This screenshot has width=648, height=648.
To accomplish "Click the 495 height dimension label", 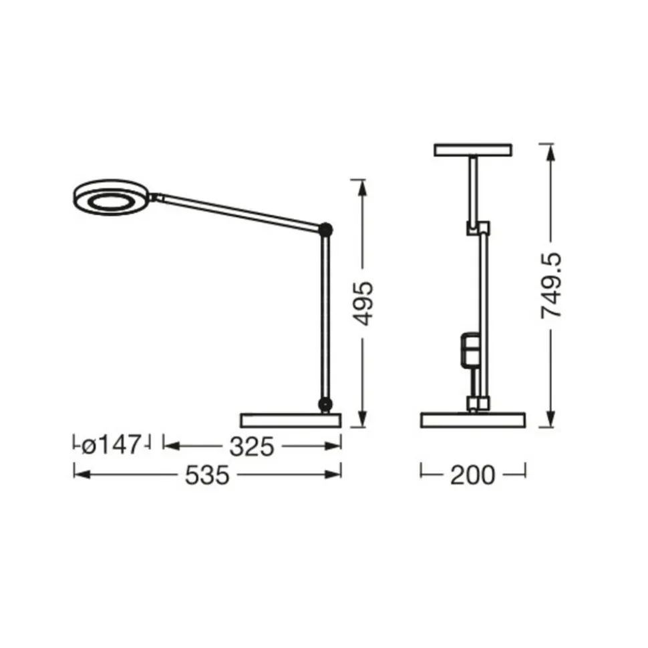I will (x=363, y=303).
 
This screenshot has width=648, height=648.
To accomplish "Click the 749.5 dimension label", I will (x=552, y=286).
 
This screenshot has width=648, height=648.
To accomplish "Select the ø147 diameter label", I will (x=112, y=445).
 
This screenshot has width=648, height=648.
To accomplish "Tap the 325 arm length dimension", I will (x=252, y=446).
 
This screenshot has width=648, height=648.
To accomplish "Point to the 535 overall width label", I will (x=207, y=475).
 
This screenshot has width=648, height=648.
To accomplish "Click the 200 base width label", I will (x=472, y=475).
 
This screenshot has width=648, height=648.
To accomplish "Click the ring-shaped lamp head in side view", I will (x=110, y=197).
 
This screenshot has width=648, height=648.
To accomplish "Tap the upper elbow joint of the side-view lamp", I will (x=326, y=230).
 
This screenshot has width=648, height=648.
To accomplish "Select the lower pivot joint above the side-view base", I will (x=325, y=403).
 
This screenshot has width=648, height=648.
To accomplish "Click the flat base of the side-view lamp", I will (x=290, y=420).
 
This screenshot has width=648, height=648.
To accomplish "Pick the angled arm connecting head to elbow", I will (x=237, y=212).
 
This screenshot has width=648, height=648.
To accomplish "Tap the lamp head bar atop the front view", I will (x=472, y=150).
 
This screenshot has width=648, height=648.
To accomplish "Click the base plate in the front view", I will (x=472, y=420).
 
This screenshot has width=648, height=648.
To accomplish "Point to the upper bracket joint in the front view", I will (x=478, y=228).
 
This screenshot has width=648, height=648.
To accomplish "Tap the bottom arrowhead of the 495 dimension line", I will (x=362, y=420).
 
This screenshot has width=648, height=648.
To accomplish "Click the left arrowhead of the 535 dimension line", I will (x=79, y=474).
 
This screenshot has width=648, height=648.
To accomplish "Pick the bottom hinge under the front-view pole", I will (x=476, y=402).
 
